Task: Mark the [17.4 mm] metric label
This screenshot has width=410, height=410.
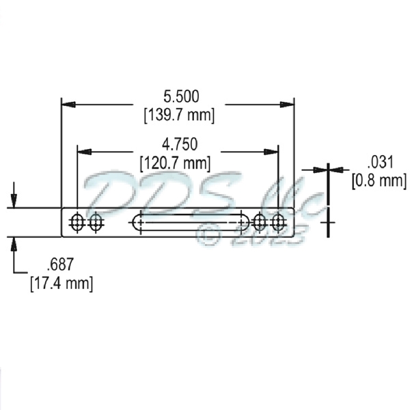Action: pyautogui.click(x=61, y=281)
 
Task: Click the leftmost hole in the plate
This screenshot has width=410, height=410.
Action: pyautogui.click(x=77, y=222)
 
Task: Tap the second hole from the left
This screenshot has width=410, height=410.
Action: pyautogui.click(x=96, y=222)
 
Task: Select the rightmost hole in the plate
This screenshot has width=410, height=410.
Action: pyautogui.click(x=278, y=222)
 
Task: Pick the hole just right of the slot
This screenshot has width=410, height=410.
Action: pyautogui.click(x=260, y=222)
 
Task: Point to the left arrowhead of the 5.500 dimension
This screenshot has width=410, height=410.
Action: pyautogui.click(x=66, y=105)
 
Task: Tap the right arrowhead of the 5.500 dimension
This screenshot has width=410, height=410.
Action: pyautogui.click(x=289, y=105)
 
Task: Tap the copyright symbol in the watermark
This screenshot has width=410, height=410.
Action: pyautogui.click(x=208, y=234)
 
